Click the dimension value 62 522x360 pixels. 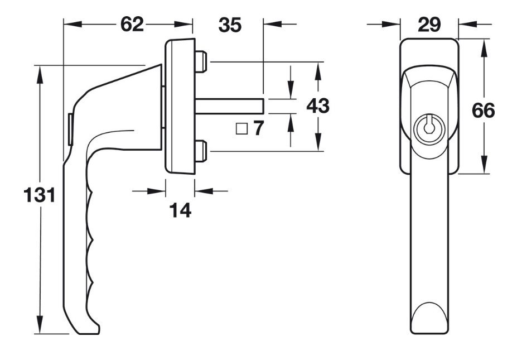[132, 25]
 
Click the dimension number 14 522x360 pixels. [180, 210]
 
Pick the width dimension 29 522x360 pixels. [429, 24]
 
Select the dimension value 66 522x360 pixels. [484, 110]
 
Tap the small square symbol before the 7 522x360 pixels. [241, 129]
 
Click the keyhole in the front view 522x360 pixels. [428, 126]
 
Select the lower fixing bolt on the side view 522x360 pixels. [201, 151]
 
